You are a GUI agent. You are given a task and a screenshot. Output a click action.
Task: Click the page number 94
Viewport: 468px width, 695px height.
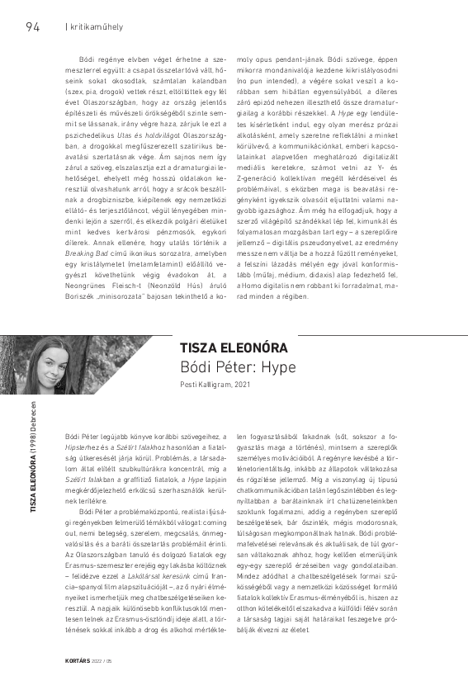[x=32, y=26]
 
